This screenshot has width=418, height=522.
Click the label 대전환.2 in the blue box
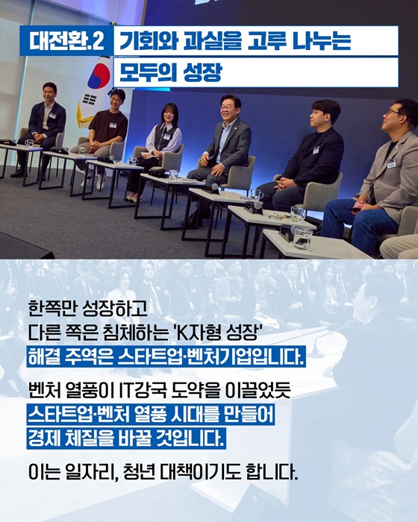pyautogui.click(x=66, y=41)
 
